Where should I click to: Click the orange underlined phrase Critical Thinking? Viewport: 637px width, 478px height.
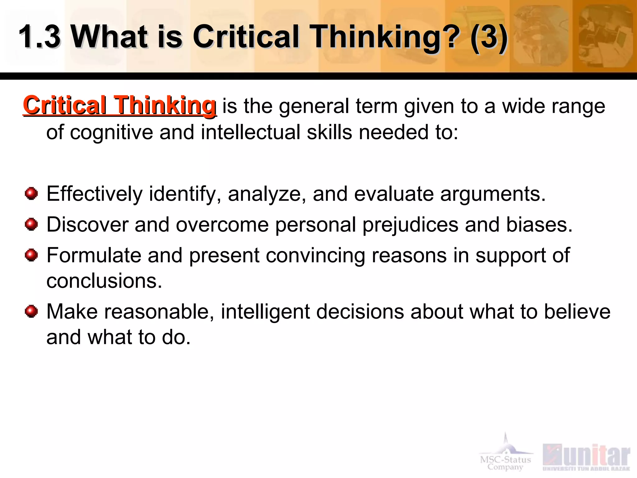[x=120, y=105]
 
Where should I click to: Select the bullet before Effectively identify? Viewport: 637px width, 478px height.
[x=31, y=194]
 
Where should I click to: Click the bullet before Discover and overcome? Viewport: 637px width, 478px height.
[x=31, y=224]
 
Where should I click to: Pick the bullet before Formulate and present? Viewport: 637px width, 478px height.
[x=31, y=255]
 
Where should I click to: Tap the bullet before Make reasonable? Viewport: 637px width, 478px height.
[x=31, y=311]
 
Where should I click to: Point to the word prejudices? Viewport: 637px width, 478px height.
[x=410, y=225]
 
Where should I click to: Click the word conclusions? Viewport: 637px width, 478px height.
[x=104, y=281]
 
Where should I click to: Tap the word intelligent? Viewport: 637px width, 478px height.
[x=265, y=312]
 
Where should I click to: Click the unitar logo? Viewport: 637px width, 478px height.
[x=586, y=457]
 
